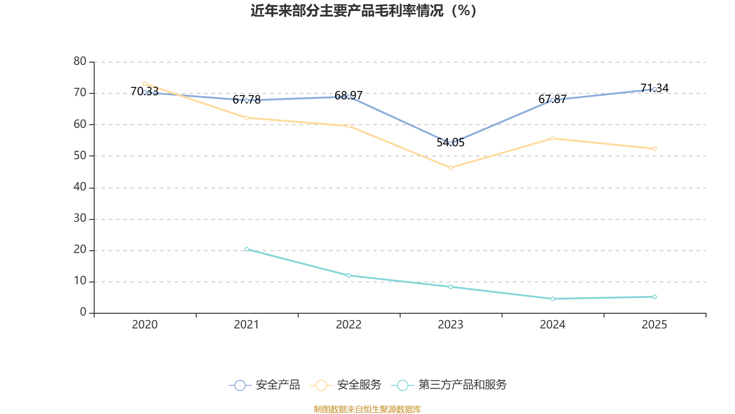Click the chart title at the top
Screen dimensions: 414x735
[363, 11]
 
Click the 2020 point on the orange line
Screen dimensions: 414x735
[145, 84]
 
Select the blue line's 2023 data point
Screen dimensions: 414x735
[451, 143]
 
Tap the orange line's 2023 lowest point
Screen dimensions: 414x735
[451, 168]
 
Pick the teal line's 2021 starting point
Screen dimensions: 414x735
[247, 249]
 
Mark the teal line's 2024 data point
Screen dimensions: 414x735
[553, 299]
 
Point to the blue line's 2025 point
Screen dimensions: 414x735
[655, 89]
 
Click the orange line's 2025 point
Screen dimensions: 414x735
[655, 149]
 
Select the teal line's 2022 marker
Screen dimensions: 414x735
[349, 276]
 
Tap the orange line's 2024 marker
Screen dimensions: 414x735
[553, 138]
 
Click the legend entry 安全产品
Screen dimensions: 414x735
[265, 385]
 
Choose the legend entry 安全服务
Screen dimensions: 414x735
[346, 385]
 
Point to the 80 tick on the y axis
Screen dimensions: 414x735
[80, 61]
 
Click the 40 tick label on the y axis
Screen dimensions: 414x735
[80, 187]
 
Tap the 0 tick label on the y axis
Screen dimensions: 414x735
[83, 312]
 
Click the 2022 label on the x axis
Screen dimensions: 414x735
[349, 325]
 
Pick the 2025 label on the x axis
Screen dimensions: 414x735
[654, 325]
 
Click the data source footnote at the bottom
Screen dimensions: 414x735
[367, 409]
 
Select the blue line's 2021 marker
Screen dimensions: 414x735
[247, 100]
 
